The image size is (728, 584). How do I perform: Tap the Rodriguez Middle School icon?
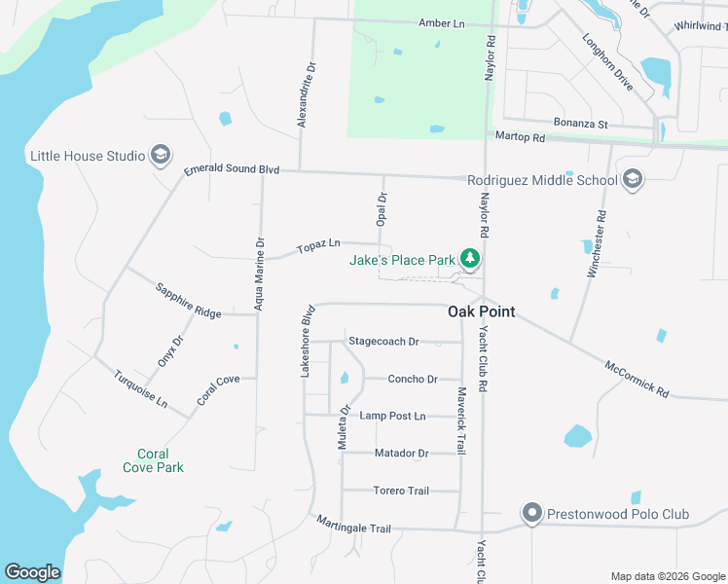(633, 179)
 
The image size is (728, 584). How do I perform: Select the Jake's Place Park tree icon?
(471, 259)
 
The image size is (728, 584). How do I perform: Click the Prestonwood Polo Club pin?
(531, 513)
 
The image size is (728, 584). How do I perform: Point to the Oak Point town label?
(481, 312)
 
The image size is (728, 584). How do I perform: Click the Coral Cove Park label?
(153, 460)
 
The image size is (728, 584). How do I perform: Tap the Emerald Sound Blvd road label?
(232, 170)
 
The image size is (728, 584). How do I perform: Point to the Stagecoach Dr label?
(383, 342)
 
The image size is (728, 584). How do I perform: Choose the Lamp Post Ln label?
(392, 416)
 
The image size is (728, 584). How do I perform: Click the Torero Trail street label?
(401, 491)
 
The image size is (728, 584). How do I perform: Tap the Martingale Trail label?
(353, 527)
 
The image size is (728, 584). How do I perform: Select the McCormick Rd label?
(637, 380)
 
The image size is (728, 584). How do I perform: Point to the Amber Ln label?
(442, 22)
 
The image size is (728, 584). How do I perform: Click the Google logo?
(32, 572)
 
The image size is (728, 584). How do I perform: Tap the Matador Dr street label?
(401, 454)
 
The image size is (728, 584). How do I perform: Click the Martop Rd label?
(520, 137)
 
